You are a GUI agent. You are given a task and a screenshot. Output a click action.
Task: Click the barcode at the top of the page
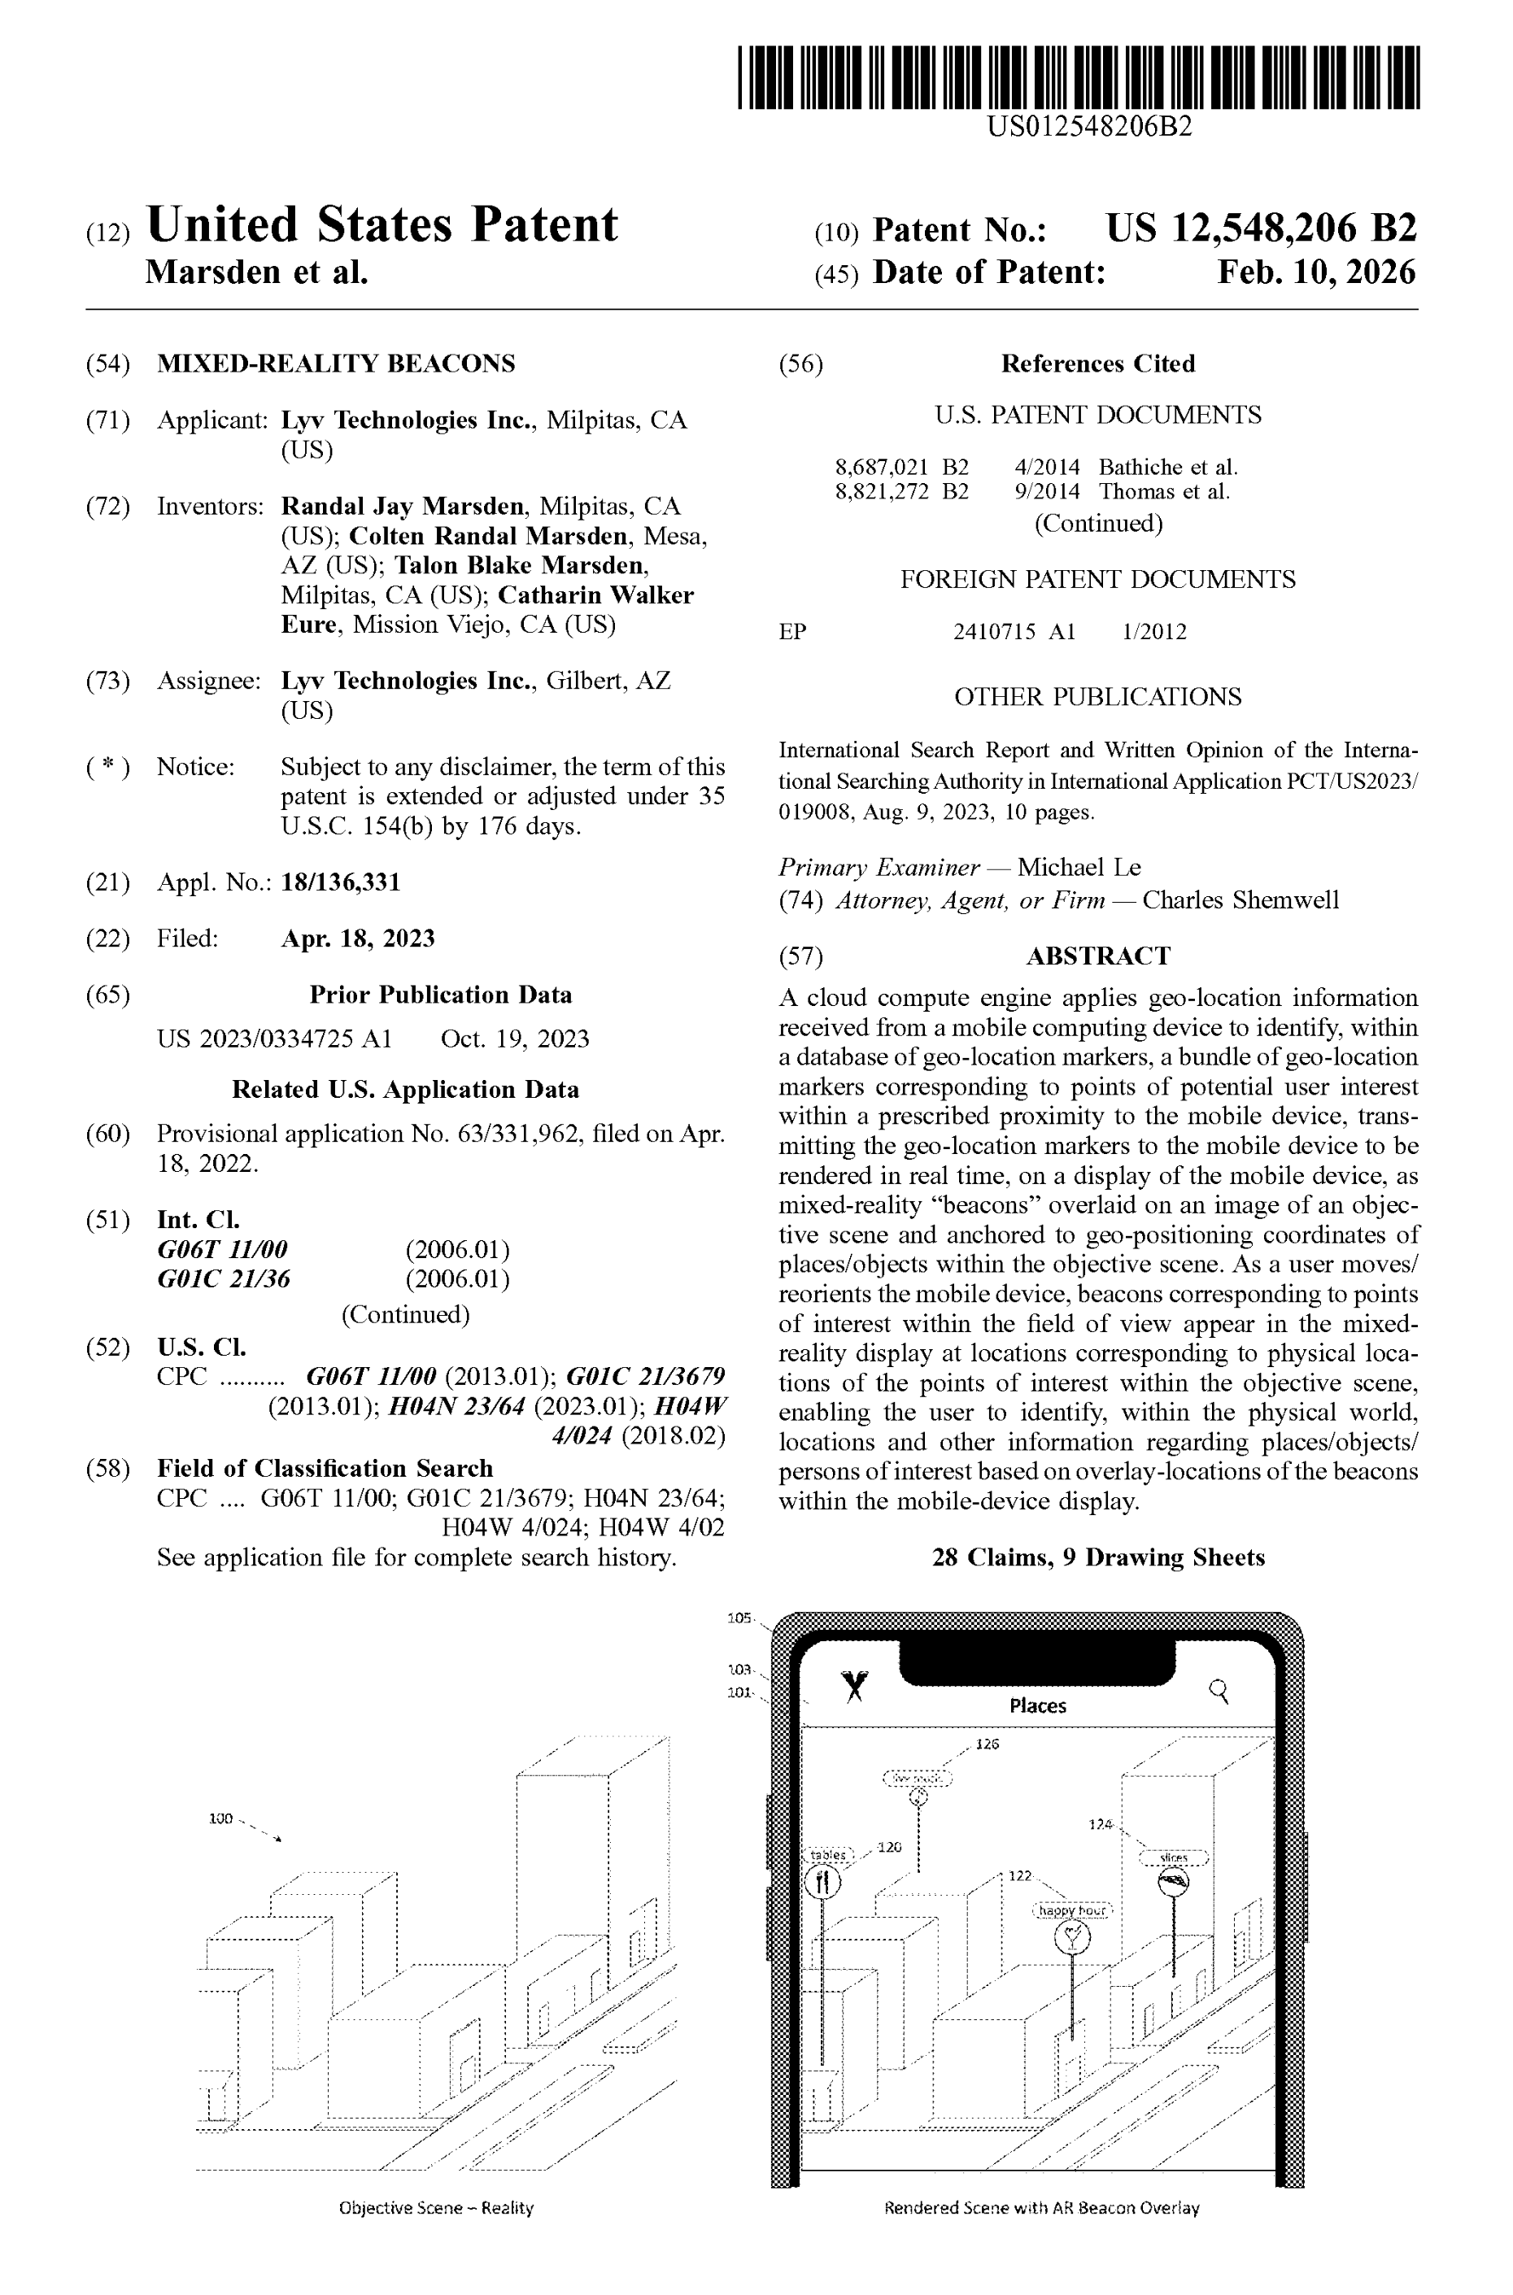(x=1078, y=76)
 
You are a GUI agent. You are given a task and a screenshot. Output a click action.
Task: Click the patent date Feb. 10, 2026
(x=1316, y=273)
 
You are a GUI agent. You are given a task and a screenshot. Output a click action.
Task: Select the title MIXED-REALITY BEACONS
(x=336, y=364)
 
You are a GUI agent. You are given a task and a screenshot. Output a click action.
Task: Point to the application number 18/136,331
(x=341, y=882)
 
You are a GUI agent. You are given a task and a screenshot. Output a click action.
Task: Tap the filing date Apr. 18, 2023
(x=357, y=938)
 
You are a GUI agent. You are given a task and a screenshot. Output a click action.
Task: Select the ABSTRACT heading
(x=1097, y=956)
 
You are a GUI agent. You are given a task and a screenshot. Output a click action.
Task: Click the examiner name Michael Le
(x=1079, y=867)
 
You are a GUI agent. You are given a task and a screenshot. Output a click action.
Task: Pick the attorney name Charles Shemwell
(x=1240, y=900)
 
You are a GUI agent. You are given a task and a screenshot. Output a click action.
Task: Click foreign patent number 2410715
(x=994, y=632)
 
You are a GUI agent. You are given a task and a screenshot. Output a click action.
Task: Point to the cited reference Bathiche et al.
(x=1167, y=467)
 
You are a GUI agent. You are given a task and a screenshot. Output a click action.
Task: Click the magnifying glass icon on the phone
(x=1219, y=1690)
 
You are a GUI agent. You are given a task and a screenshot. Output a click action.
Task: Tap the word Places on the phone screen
(x=1037, y=1705)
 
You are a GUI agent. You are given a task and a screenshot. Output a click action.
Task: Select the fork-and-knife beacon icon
(x=822, y=1881)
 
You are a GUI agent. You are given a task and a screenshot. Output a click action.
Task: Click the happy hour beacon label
(x=1072, y=1910)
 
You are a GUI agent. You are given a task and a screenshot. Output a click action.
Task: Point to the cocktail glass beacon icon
(x=1072, y=1936)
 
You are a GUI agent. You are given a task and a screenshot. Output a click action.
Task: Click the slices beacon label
(x=1173, y=1857)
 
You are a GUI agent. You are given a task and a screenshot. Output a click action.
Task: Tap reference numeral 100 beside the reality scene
(x=221, y=1818)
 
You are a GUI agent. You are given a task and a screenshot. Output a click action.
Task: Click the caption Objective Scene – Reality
(x=436, y=2208)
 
